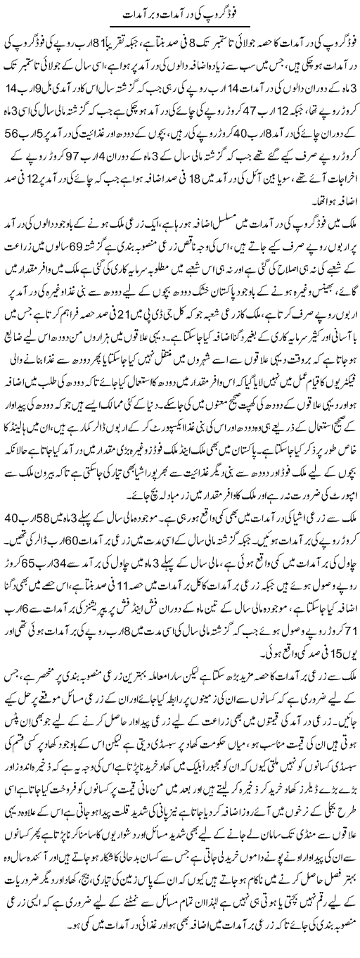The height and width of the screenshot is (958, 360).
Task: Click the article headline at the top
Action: point(180,13)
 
